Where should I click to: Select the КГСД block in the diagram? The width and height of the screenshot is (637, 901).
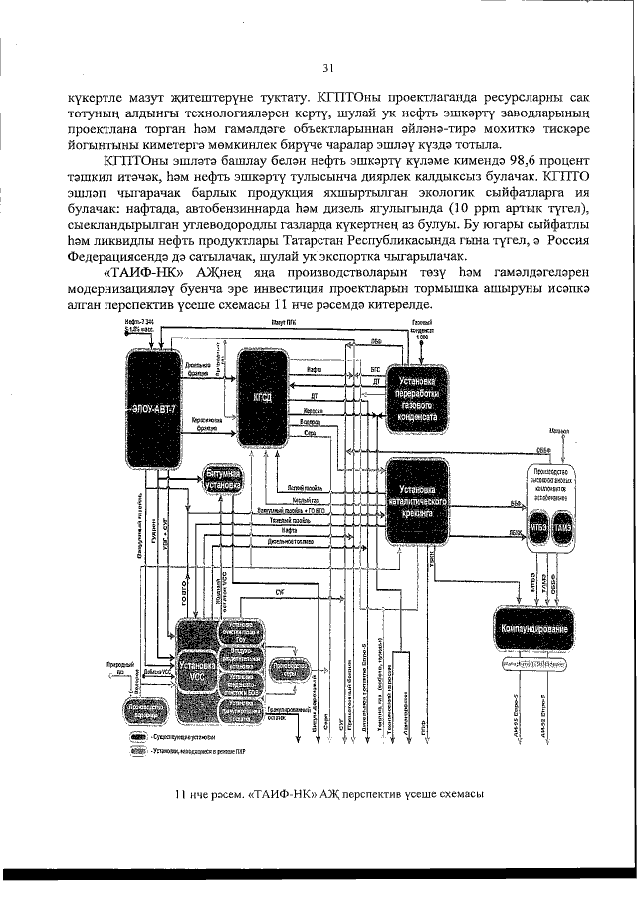click(x=263, y=397)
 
